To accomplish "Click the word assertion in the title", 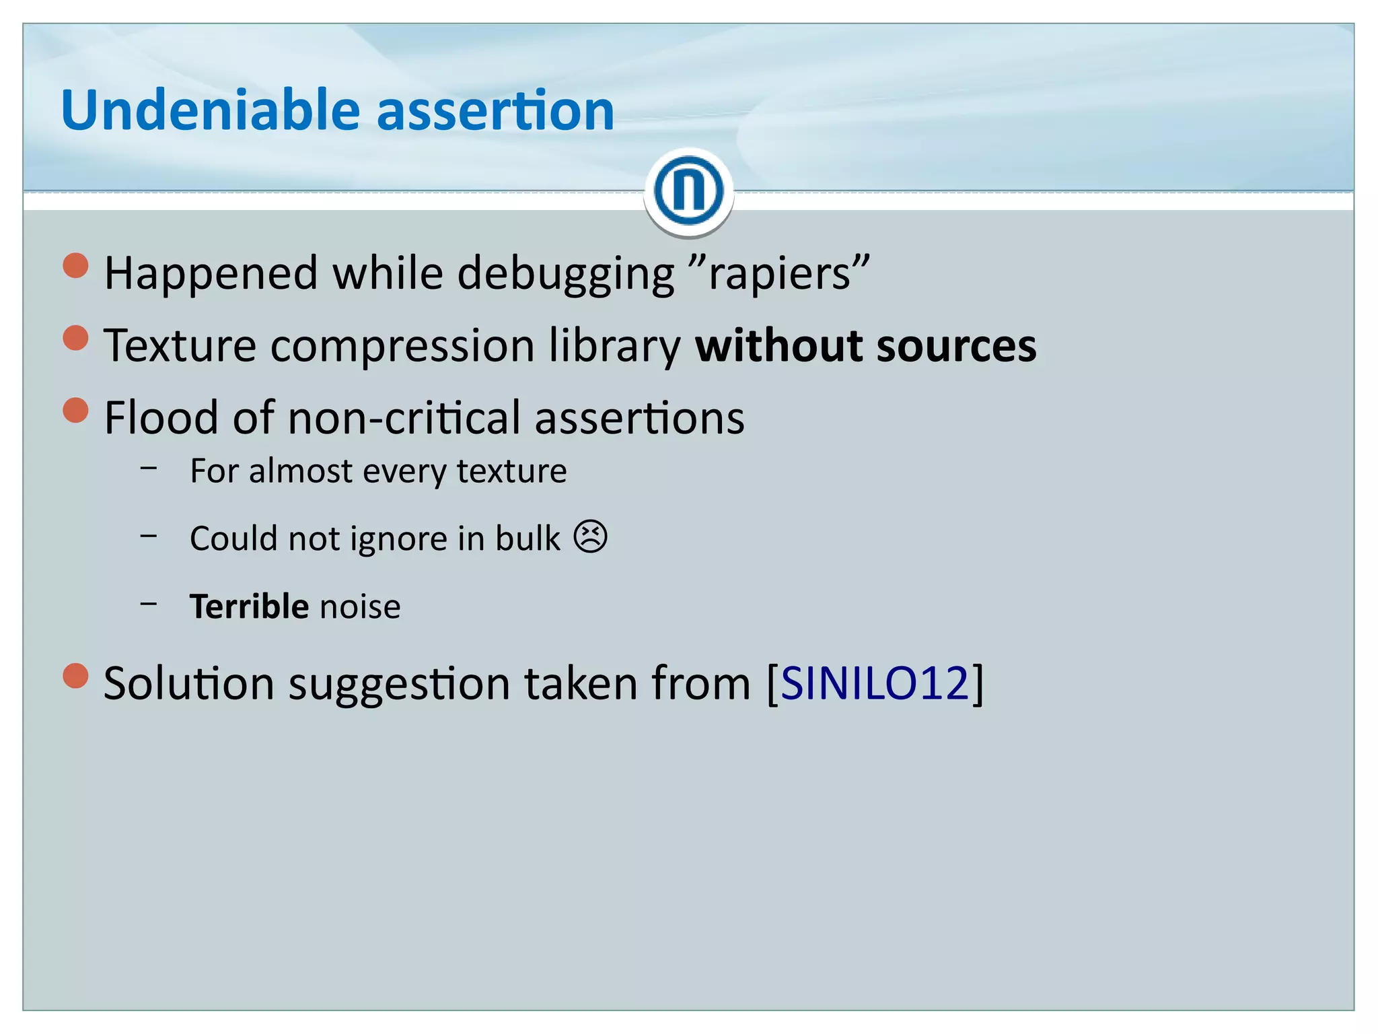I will (x=495, y=111).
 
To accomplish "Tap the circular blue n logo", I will (x=688, y=191).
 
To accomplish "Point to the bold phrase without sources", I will (x=865, y=345).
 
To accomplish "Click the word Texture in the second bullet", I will (x=180, y=345).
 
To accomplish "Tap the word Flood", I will (x=161, y=417).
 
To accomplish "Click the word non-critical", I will (x=404, y=418).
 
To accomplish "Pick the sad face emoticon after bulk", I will (x=590, y=537).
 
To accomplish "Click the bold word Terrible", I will (x=249, y=606).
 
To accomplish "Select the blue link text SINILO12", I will (x=874, y=683).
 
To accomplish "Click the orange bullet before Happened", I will (x=75, y=265).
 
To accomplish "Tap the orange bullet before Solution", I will (x=75, y=675).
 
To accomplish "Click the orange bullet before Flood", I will (x=75, y=409).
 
